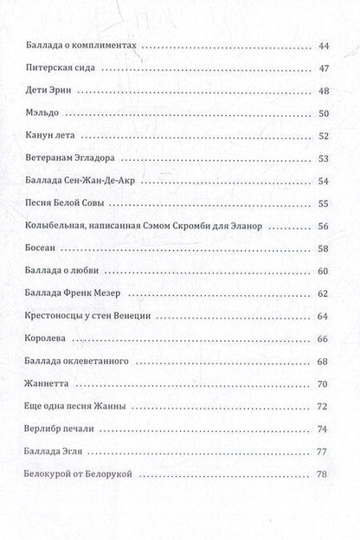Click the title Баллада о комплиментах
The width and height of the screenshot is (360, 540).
78,45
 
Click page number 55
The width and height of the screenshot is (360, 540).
325,203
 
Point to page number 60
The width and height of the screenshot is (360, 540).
325,271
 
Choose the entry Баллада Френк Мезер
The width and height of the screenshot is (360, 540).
72,293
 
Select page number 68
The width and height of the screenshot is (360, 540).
325,361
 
